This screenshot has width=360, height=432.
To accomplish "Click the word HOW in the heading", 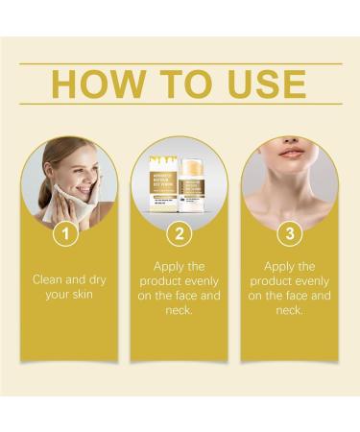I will (x=96, y=84).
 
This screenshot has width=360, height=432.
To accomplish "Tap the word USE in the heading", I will (x=264, y=84).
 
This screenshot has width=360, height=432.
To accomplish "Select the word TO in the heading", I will (x=181, y=84).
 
